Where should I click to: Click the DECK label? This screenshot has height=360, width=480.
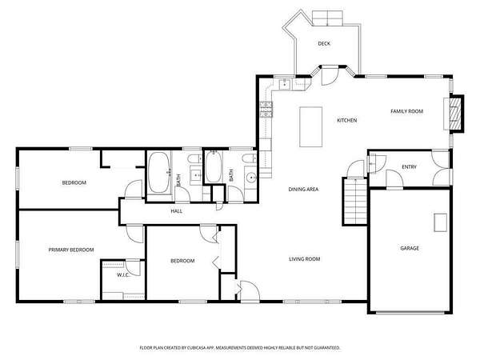(x=324, y=44)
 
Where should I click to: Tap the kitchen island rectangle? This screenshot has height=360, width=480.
(x=310, y=126)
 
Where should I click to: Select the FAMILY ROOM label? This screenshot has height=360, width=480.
(x=407, y=111)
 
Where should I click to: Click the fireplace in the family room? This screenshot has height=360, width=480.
(x=454, y=114)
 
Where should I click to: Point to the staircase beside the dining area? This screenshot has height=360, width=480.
(x=355, y=202)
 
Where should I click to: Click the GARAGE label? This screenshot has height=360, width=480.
(x=410, y=248)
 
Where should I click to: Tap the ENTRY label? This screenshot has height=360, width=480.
(x=410, y=167)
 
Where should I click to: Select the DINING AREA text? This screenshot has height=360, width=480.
(x=303, y=190)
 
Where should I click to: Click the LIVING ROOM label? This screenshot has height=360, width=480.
(x=305, y=259)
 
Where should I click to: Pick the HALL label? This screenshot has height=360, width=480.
(x=177, y=211)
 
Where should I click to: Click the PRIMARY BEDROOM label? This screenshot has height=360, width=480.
(x=71, y=250)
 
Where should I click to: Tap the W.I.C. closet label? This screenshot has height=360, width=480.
(x=122, y=275)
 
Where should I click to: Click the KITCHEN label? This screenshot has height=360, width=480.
(x=347, y=120)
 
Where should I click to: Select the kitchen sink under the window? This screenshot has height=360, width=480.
(x=285, y=84)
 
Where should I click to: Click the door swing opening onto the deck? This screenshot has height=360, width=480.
(x=330, y=76)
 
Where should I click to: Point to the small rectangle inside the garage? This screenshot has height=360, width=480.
(x=441, y=222)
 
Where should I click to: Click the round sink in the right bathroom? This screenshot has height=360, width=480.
(x=252, y=178)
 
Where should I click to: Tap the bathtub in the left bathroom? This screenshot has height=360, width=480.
(x=159, y=173)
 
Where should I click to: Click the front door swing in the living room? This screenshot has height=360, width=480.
(x=250, y=291)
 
